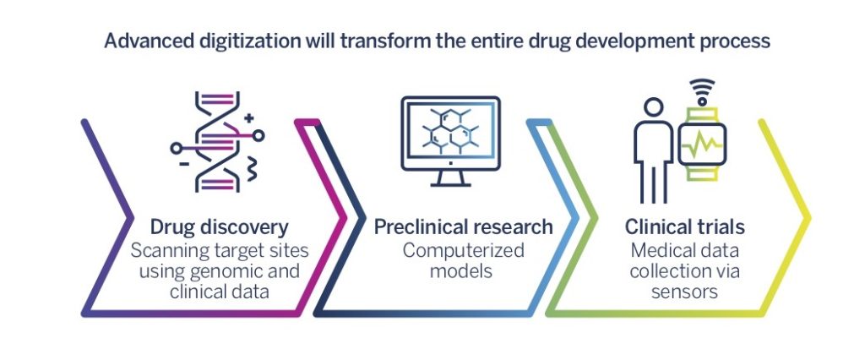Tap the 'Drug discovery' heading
coord(219,227)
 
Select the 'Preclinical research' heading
coord(464,227)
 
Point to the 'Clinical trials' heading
coord(684,227)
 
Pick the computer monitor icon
coord(450,141)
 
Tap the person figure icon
coord(653,150)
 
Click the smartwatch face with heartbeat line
coord(702,145)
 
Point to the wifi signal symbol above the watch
coord(702,92)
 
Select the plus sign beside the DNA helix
coord(249,117)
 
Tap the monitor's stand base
coord(450,184)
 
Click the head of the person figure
coord(654,108)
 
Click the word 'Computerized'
coord(464,251)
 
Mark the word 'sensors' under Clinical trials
coord(684,291)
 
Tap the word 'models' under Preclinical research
coord(461,271)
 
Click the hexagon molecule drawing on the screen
coord(450,132)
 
